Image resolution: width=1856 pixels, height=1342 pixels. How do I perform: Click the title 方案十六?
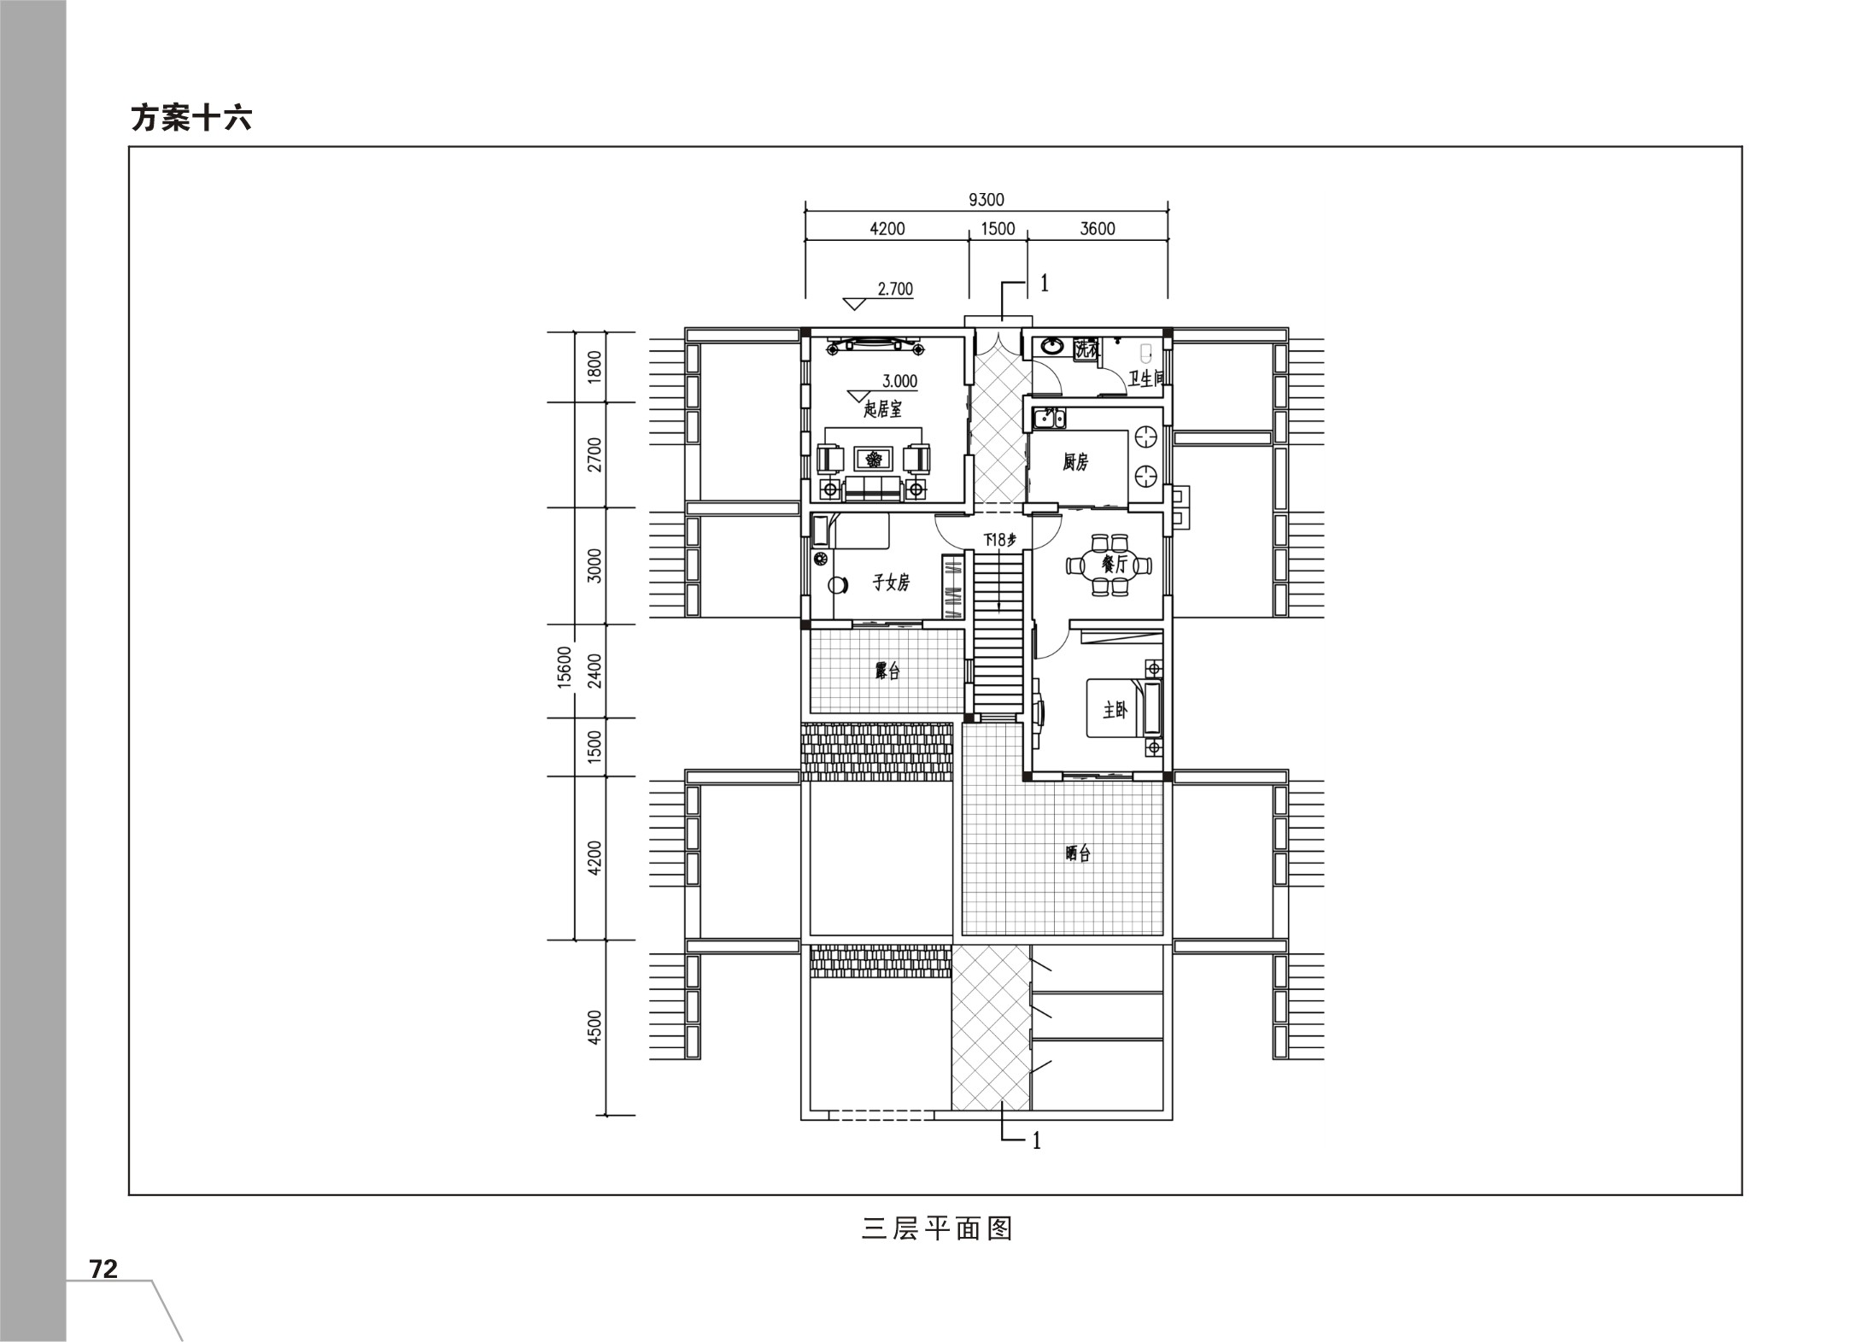point(191,118)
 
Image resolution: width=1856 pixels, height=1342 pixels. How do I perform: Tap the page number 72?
point(103,1269)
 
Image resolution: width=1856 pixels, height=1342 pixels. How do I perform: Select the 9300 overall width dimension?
point(986,200)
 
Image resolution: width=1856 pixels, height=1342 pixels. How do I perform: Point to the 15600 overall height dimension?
point(564,667)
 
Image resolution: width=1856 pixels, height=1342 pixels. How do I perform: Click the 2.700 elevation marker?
point(895,289)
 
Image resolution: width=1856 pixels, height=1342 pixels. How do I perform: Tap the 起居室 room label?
point(882,409)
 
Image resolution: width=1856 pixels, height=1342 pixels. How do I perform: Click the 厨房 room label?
point(1075,462)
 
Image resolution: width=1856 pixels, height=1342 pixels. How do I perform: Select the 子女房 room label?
point(890,583)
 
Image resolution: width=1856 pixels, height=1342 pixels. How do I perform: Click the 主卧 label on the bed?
point(1115,710)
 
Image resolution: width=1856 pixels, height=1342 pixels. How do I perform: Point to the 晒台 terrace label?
point(1078,853)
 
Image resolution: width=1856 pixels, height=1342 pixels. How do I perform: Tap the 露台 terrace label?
point(887,671)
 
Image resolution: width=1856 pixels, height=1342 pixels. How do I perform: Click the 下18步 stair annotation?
point(999,540)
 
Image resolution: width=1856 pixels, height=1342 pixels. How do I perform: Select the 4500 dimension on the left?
point(594,1027)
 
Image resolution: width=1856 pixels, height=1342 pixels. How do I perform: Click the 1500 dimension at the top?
point(998,229)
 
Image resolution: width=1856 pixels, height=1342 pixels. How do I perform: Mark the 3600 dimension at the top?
point(1098,229)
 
